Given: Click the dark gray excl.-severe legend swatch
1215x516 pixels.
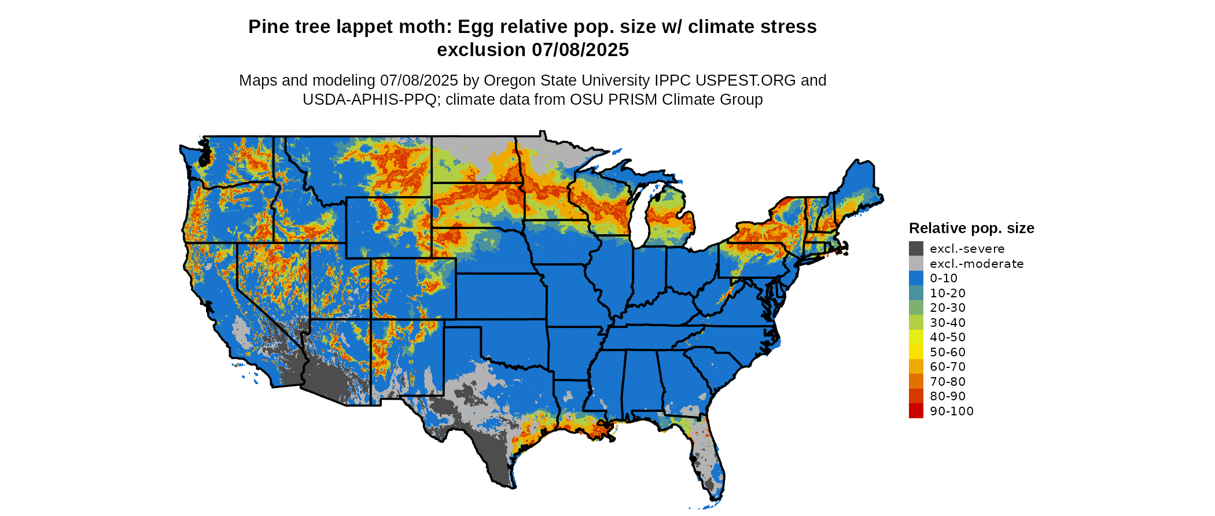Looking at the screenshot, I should coord(916,249).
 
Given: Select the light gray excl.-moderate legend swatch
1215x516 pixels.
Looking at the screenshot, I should coord(916,264).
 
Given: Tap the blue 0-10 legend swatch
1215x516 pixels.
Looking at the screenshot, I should coord(916,278).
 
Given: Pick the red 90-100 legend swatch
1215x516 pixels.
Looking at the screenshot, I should coord(916,411).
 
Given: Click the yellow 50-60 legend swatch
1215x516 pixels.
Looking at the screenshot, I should coord(916,352).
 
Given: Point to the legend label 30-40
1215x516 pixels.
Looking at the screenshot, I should coord(948,323).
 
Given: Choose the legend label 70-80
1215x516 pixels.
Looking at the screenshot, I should coord(948,382).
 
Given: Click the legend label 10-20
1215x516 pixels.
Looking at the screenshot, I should coord(948,293).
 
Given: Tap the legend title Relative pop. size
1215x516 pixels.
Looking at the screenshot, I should coord(971,228).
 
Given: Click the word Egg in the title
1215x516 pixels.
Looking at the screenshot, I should coord(474,27).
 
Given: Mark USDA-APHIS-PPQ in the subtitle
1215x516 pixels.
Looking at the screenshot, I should coord(370,99).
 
